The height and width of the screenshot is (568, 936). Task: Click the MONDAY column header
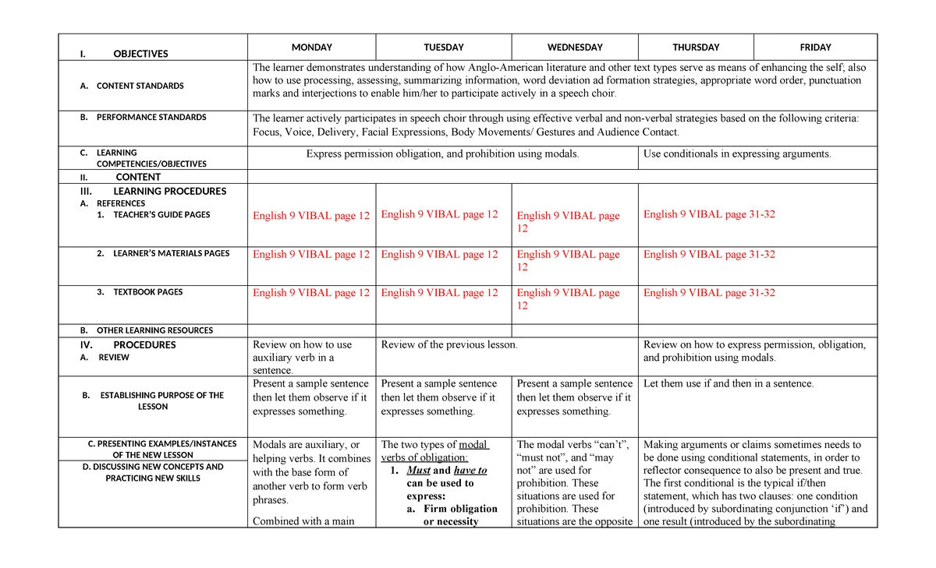pyautogui.click(x=311, y=48)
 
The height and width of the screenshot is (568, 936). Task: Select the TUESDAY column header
pyautogui.click(x=443, y=48)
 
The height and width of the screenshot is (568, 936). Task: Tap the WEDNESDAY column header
pyautogui.click(x=574, y=48)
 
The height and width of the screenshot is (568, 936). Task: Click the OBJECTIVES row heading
pyautogui.click(x=140, y=54)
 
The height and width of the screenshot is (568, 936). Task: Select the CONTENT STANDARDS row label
pyautogui.click(x=140, y=86)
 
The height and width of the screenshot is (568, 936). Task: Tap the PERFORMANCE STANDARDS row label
pyautogui.click(x=151, y=117)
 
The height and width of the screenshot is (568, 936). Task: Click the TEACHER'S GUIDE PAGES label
pyautogui.click(x=161, y=214)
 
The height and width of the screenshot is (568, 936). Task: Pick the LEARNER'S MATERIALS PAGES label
pyautogui.click(x=171, y=253)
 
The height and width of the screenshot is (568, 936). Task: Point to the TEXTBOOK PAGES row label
pyautogui.click(x=147, y=292)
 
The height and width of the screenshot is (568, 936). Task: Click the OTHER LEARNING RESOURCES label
pyautogui.click(x=154, y=330)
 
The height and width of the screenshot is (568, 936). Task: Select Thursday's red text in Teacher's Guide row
pyautogui.click(x=709, y=214)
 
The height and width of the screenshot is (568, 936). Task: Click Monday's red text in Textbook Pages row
pyautogui.click(x=311, y=293)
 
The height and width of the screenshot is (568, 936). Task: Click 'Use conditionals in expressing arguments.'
pyautogui.click(x=737, y=153)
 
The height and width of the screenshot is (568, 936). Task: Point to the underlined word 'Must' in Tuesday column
pyautogui.click(x=419, y=470)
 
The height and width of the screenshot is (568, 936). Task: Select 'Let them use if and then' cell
pyautogui.click(x=729, y=383)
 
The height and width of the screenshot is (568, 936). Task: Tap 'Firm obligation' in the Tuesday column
pyautogui.click(x=460, y=509)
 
